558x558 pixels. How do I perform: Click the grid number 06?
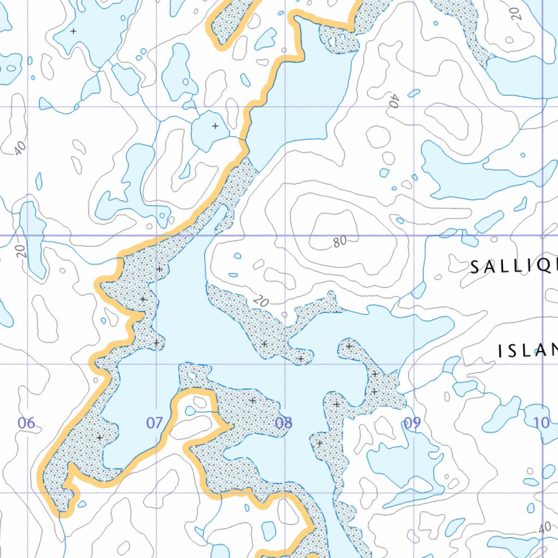[x=26, y=423]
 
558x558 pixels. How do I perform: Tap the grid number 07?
[x=155, y=423]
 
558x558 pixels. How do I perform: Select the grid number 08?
[x=283, y=423]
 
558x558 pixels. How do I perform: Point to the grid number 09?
[x=412, y=423]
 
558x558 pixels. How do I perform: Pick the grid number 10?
[x=541, y=423]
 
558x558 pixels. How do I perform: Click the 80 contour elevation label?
[x=339, y=241]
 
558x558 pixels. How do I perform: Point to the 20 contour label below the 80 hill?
[x=262, y=301]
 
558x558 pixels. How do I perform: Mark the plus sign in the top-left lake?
[x=73, y=31]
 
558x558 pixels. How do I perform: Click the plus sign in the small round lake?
[x=215, y=126]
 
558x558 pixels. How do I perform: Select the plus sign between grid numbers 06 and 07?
[x=100, y=437]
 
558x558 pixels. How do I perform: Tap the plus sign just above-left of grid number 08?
[x=253, y=401]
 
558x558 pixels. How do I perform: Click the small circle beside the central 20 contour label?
[x=284, y=314]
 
